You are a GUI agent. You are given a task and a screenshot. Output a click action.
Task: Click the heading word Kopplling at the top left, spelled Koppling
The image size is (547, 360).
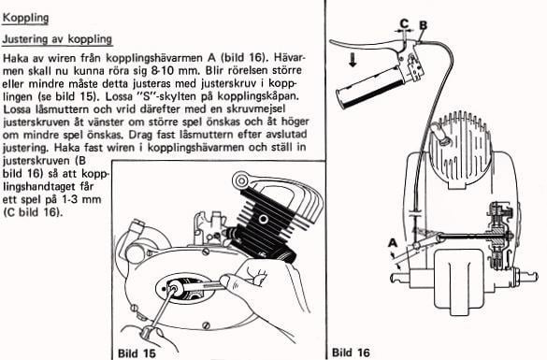pyautogui.click(x=26, y=19)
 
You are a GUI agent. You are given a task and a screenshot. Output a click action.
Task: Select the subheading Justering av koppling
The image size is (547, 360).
pyautogui.click(x=57, y=39)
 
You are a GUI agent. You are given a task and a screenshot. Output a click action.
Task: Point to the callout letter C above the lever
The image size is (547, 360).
pyautogui.click(x=404, y=22)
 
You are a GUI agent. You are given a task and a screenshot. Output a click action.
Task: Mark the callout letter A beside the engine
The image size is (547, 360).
pyautogui.click(x=391, y=242)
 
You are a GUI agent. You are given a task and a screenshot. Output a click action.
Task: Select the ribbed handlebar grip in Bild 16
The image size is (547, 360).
pyautogui.click(x=386, y=92)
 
